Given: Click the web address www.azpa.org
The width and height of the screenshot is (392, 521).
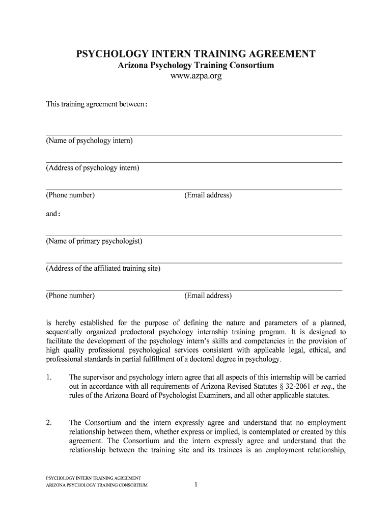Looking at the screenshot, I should (x=195, y=77).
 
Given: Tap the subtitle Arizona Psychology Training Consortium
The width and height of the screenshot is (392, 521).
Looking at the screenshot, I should (x=195, y=66).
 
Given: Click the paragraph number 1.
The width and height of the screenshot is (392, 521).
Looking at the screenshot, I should (x=48, y=378).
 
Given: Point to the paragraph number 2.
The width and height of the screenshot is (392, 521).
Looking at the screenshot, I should (x=48, y=423).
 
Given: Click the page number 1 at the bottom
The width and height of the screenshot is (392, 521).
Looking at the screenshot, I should (x=195, y=485).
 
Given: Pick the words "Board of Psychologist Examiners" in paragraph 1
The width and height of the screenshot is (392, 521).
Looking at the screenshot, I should (x=169, y=396).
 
